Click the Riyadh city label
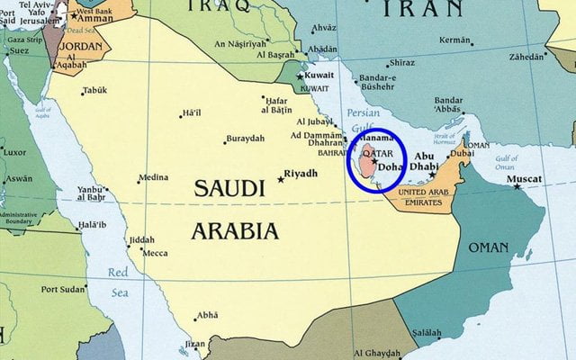click(x=301, y=173)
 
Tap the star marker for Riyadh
click(x=281, y=179)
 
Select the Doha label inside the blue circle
click(x=391, y=167)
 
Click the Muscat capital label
click(x=525, y=179)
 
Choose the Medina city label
click(x=153, y=177)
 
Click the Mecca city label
click(x=156, y=253)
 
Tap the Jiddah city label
click(x=142, y=240)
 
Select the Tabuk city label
click(x=94, y=90)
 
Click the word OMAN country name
click(x=489, y=247)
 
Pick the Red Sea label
click(x=118, y=281)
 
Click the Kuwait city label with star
click(x=319, y=75)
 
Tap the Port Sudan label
click(x=63, y=289)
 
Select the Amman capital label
click(x=94, y=18)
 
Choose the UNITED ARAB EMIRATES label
click(x=423, y=198)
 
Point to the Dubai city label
click(x=462, y=154)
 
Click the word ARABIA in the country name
click(x=234, y=231)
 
